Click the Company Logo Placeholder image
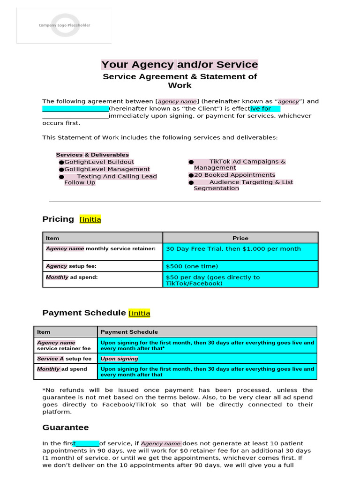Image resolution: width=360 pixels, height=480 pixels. pyautogui.click(x=64, y=25)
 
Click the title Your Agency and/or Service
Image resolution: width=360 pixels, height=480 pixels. pyautogui.click(x=180, y=65)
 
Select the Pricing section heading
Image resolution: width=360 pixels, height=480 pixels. pyautogui.click(x=58, y=219)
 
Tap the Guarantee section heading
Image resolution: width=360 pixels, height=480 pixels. pyautogui.click(x=65, y=427)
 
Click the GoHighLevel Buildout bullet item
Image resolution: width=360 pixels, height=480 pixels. pyautogui.click(x=99, y=162)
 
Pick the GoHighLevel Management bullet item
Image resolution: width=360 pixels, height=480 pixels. pyautogui.click(x=107, y=169)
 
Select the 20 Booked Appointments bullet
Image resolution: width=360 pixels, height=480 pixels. pyautogui.click(x=234, y=175)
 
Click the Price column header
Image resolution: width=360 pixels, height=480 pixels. pyautogui.click(x=240, y=238)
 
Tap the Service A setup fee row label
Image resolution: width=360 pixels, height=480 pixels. pyautogui.click(x=64, y=359)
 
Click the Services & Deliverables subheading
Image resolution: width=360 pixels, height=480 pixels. pyautogui.click(x=92, y=155)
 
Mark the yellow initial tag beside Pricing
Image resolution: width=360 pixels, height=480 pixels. pyautogui.click(x=90, y=219)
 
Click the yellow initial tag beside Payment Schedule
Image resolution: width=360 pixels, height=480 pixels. pyautogui.click(x=139, y=313)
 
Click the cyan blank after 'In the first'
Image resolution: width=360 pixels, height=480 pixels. pyautogui.click(x=87, y=443)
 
